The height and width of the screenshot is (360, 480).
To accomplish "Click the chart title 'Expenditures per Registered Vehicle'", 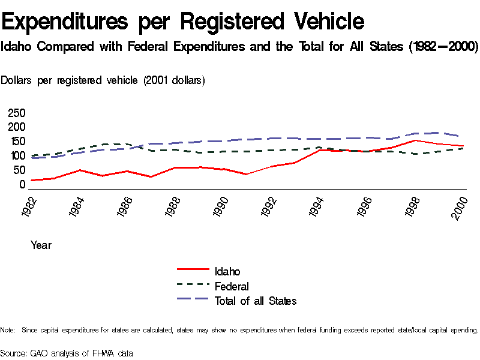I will tap(183, 22).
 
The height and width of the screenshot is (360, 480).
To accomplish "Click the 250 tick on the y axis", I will tap(16, 113).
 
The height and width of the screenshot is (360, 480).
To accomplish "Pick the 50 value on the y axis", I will tap(19, 170).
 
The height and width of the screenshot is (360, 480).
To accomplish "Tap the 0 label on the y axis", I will tap(22, 185).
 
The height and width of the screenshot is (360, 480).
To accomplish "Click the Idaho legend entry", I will tap(227, 272).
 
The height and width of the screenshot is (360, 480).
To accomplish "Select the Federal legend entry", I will tap(231, 286).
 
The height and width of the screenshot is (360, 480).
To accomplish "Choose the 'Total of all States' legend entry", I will tap(255, 301).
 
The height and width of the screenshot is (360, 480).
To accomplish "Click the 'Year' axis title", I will tap(41, 245).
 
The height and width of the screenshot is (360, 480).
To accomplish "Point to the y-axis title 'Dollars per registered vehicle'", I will tap(103, 80).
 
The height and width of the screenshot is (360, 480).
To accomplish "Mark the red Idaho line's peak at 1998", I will tap(413, 140).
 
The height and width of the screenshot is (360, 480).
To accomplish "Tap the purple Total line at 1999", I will tap(437, 133).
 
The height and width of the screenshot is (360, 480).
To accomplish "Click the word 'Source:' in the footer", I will tap(13, 353).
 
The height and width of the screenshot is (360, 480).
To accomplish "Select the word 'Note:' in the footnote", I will tap(8, 330).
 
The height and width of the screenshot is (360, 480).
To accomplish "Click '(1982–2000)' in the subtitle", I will tap(443, 47).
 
